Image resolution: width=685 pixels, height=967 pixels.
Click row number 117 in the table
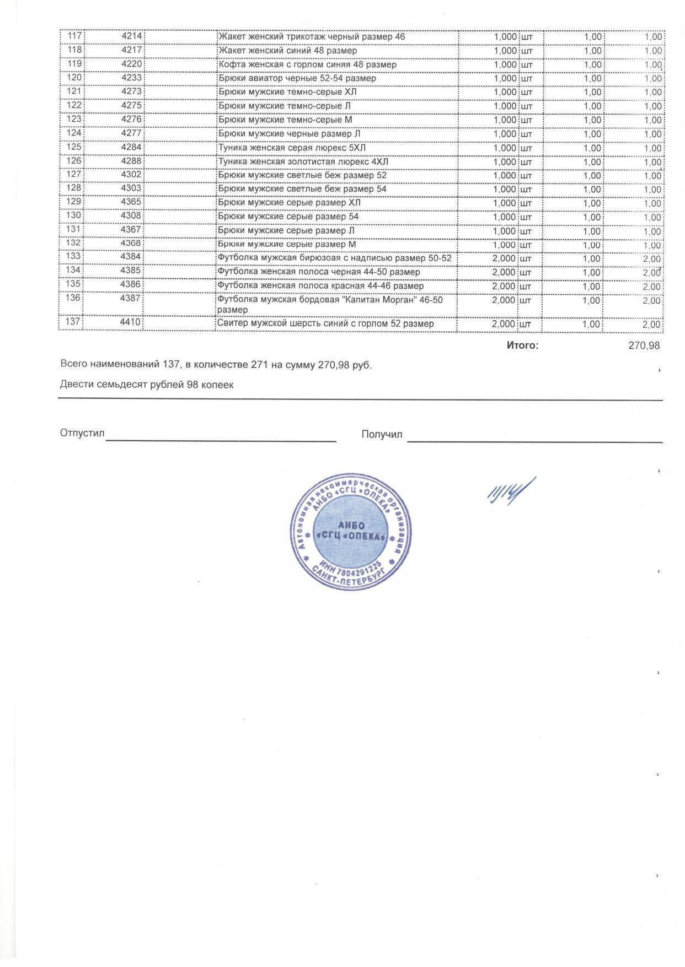coord(74,36)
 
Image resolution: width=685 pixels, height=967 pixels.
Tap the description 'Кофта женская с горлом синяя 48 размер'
coord(307,64)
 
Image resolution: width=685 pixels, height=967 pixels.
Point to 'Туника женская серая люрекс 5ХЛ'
coord(292,148)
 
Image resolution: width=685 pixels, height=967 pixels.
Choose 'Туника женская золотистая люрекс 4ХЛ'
coord(303,161)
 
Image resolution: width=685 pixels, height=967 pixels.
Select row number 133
coord(73,256)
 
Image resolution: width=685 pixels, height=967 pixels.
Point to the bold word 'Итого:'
coord(522,346)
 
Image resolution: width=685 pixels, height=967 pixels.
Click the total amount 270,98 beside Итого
coord(644,346)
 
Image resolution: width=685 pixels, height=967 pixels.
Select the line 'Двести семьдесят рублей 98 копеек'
coord(147,385)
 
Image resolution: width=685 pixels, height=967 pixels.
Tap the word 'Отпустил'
coord(82,434)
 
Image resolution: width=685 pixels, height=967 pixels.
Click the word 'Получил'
coord(382,434)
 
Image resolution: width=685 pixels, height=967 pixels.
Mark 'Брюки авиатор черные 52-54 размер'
coord(297,78)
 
